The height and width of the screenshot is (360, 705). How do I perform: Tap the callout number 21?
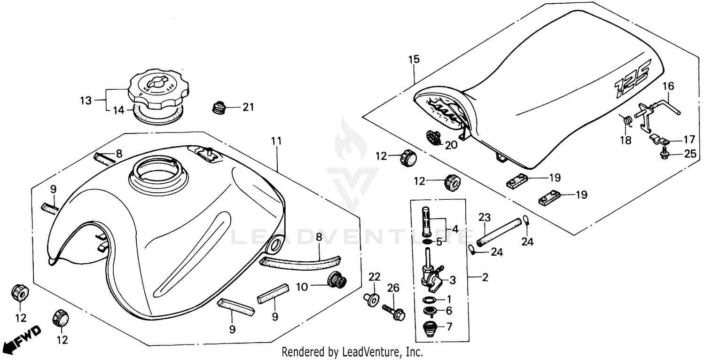(x=248, y=107)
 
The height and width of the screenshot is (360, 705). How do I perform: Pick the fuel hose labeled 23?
(x=499, y=231)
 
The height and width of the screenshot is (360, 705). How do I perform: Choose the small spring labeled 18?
(x=625, y=121)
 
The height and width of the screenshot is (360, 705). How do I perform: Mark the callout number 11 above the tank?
(x=276, y=141)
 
